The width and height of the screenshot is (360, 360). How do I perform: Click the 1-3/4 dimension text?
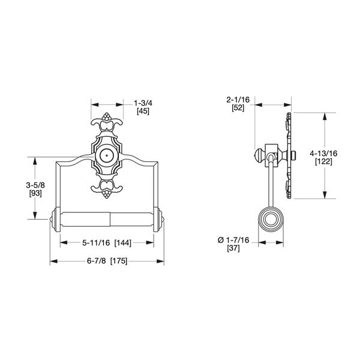(143, 103)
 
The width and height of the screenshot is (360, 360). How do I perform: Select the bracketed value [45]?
(143, 111)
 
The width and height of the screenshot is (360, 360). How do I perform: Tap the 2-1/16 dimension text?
(238, 100)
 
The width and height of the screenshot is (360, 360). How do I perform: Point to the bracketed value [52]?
(238, 108)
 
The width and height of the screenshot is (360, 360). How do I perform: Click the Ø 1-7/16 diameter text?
(236, 240)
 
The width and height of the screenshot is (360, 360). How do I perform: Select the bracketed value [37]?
(236, 248)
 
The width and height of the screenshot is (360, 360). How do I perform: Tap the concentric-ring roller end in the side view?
(270, 218)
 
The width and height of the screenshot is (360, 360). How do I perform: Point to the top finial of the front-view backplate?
(107, 116)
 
